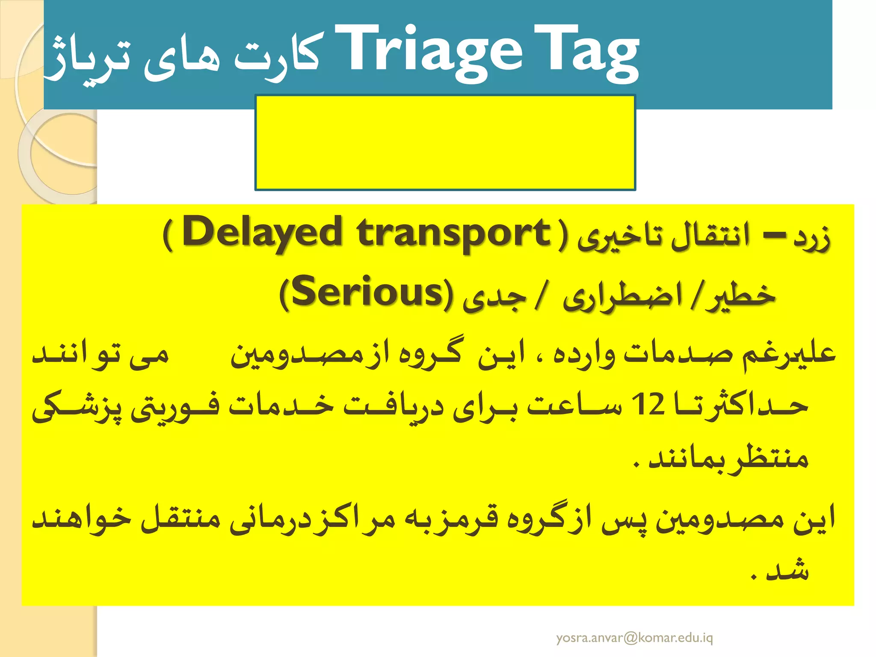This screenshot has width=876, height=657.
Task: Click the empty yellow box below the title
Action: pos(445,142)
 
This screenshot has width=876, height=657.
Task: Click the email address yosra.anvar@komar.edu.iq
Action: pos(634,638)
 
